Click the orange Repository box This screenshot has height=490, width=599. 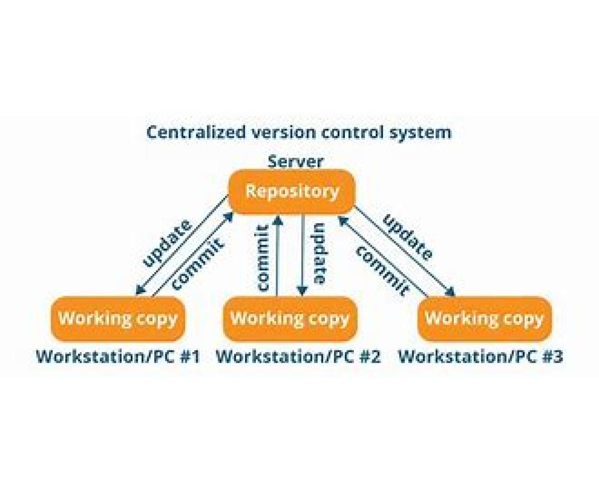(292, 192)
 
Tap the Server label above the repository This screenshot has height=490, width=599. (295, 161)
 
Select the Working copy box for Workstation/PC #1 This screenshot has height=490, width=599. (118, 319)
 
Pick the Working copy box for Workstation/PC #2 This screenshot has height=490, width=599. (290, 319)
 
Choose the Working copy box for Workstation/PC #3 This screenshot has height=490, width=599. (484, 319)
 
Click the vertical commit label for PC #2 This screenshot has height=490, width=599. (263, 257)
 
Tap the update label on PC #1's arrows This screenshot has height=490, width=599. (167, 242)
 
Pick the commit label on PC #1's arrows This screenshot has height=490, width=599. (197, 265)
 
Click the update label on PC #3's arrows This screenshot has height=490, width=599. (407, 237)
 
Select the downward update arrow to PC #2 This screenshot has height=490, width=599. (302, 255)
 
